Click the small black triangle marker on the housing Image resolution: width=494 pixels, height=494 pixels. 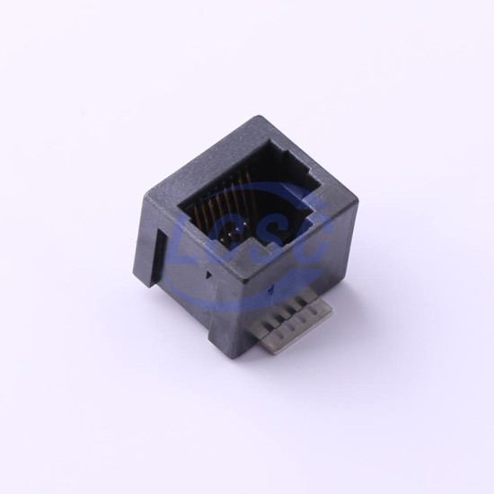click(x=208, y=275)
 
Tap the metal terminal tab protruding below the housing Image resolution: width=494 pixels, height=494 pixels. click(x=297, y=323)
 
